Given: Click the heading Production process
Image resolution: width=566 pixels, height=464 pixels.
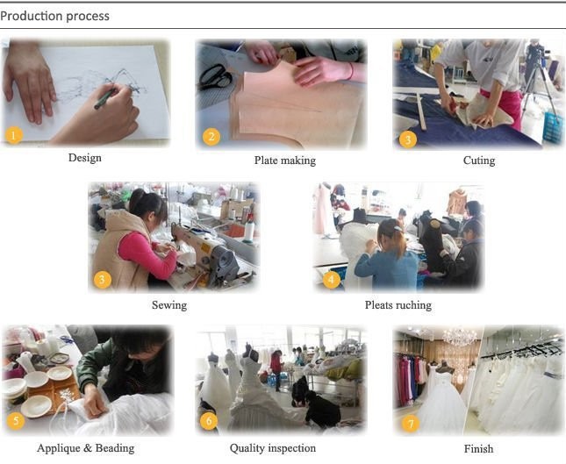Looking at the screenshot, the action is (55, 17).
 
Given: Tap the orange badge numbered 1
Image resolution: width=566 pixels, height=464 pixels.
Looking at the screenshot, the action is (14, 136).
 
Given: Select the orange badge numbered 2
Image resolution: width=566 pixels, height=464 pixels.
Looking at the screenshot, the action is (211, 137).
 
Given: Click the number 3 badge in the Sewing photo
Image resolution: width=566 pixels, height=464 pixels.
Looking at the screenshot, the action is (102, 280).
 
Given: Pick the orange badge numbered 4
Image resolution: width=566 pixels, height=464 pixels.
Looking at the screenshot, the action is (332, 279).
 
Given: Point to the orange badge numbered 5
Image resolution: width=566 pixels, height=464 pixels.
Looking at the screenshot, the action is (16, 421).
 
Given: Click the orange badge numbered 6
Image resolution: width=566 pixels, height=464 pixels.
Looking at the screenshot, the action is (209, 421).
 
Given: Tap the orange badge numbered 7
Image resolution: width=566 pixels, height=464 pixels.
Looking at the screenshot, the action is (411, 424).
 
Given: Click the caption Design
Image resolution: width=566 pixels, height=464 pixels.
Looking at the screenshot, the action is (85, 158).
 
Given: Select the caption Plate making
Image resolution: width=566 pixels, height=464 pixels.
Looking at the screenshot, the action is (285, 161).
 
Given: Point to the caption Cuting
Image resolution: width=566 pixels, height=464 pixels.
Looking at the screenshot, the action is (479, 161).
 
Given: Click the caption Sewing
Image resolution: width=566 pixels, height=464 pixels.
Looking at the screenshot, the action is (169, 305).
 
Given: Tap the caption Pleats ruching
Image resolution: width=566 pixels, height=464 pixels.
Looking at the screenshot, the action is (398, 305).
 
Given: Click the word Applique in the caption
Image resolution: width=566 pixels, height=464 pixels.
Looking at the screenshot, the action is (59, 448).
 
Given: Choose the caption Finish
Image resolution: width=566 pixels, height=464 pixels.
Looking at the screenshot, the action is (478, 449).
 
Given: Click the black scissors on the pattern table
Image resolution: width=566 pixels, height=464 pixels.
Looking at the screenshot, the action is (216, 77).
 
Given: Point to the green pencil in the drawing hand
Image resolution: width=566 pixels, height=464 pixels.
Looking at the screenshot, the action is (106, 98).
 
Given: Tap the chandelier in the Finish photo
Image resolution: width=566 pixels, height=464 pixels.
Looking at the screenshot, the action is (460, 336).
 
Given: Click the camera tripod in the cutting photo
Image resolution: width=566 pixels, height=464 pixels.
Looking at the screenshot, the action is (538, 83).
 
